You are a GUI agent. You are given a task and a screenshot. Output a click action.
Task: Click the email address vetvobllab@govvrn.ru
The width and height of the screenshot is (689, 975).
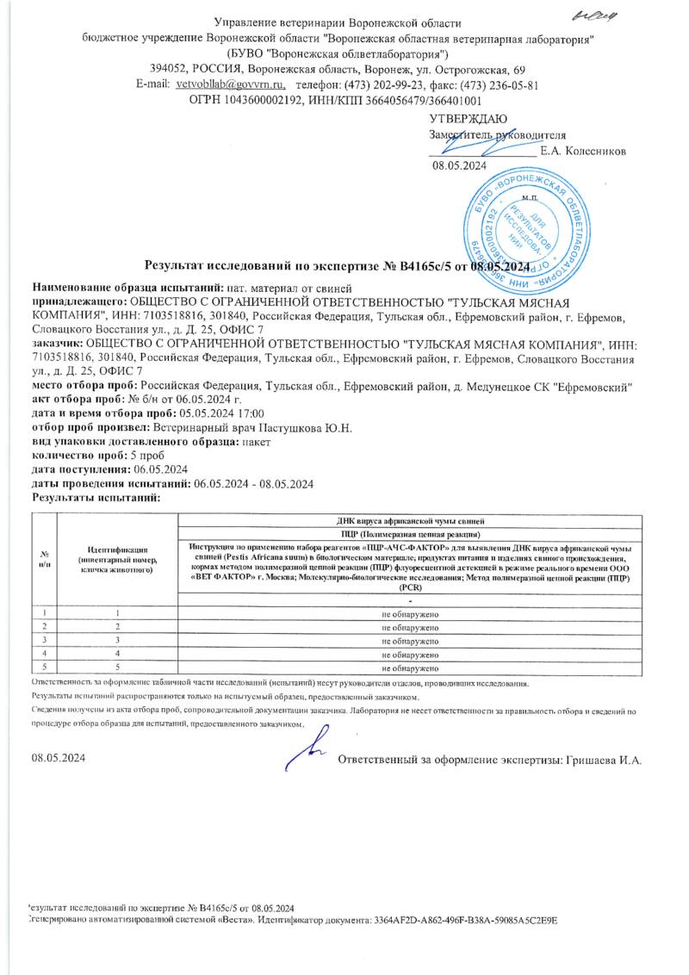tap(224, 85)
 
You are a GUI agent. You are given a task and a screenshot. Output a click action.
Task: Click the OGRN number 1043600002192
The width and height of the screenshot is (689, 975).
tap(259, 100)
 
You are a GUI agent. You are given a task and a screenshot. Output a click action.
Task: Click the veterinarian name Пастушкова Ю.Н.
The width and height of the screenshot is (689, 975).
tap(315, 428)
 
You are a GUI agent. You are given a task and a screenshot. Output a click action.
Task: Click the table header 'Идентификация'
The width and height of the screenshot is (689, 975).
tap(115, 549)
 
